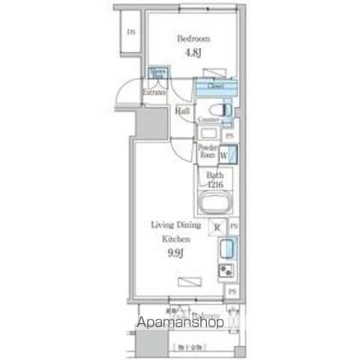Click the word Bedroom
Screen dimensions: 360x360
click(x=193, y=38)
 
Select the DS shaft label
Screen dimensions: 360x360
click(x=130, y=31)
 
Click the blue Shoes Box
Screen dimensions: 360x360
click(x=157, y=73)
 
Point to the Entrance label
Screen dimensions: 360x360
click(x=154, y=91)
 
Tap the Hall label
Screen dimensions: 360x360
click(x=182, y=111)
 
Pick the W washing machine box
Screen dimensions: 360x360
click(x=224, y=155)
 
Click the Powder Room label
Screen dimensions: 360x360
click(x=208, y=151)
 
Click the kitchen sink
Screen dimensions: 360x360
click(x=226, y=248)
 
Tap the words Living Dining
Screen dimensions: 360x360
click(x=174, y=224)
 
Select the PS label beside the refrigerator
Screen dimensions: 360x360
click(x=234, y=226)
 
